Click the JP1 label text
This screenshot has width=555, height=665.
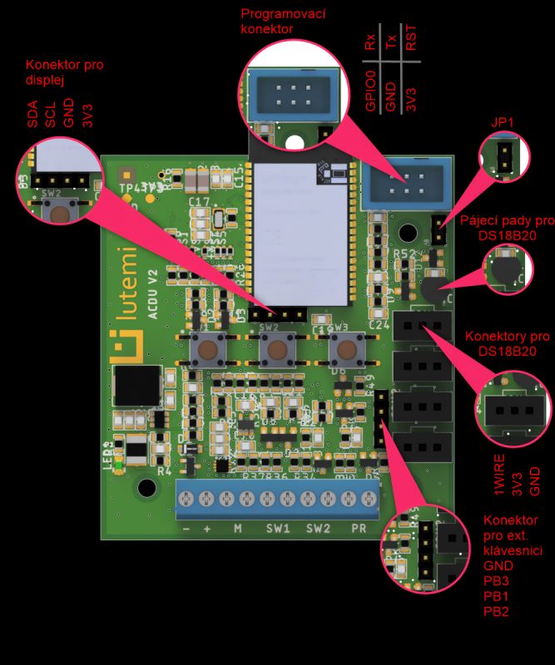tap(501, 123)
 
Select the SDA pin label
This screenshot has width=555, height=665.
tap(33, 115)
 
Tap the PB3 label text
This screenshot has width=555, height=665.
tap(498, 580)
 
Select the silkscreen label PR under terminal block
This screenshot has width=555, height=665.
tap(359, 529)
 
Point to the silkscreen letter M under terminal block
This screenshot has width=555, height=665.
tap(237, 529)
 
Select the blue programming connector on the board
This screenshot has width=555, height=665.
tap(406, 182)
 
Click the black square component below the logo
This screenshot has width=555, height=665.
tap(136, 386)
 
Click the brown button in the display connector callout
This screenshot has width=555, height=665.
tap(60, 213)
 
